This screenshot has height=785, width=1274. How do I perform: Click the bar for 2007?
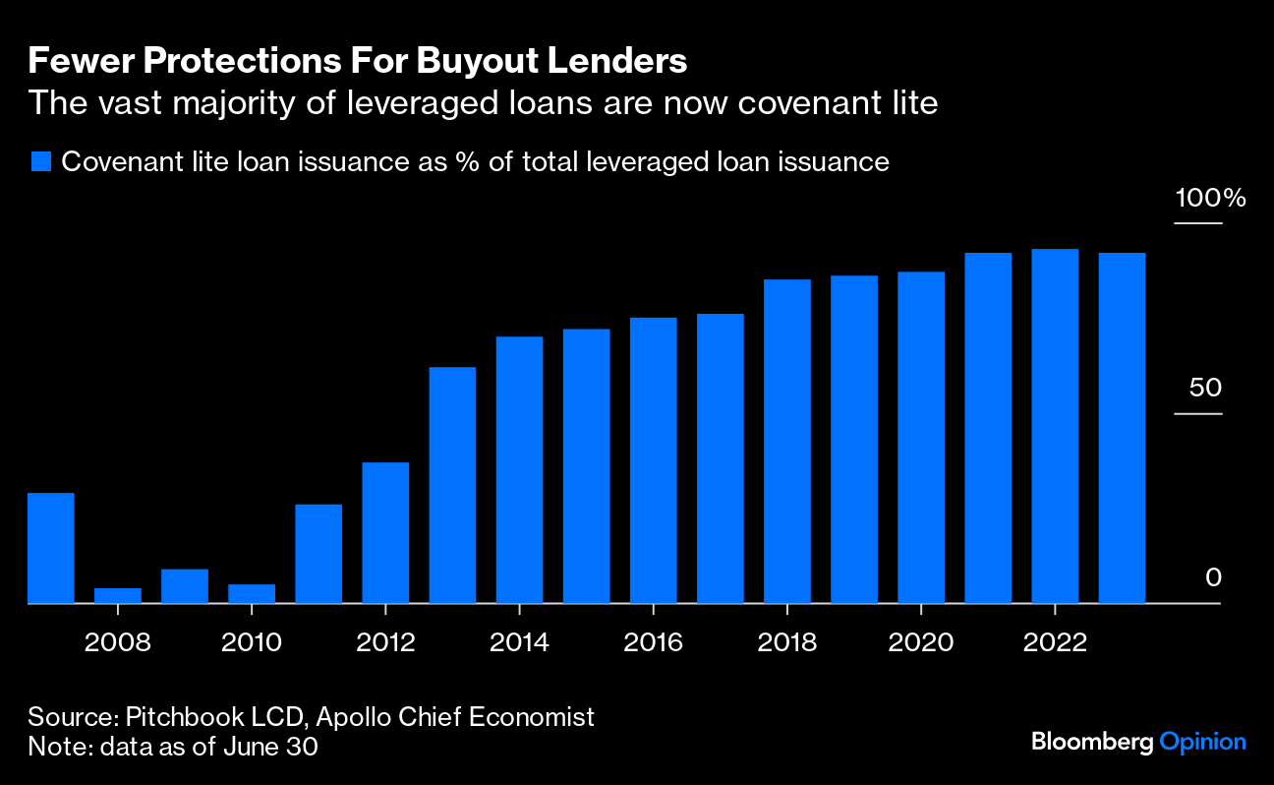point(51,548)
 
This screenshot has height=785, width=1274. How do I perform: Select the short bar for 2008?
point(118,595)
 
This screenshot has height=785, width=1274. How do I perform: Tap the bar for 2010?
point(252,593)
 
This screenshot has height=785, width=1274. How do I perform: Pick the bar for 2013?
point(452,485)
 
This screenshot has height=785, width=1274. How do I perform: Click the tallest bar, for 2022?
point(1055,426)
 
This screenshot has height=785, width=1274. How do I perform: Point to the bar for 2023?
point(1122,428)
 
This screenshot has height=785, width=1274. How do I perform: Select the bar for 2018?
point(787,442)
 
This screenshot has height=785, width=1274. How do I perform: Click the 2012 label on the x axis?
point(385,643)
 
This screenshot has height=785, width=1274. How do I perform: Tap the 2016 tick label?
point(653,643)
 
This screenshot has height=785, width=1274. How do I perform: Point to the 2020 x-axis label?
point(920,643)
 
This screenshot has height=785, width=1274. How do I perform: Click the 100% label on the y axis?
point(1210,199)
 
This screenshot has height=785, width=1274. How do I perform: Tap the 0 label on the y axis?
point(1213,577)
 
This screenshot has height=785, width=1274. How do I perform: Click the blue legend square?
point(40,162)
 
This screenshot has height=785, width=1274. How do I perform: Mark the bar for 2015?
point(586,466)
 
